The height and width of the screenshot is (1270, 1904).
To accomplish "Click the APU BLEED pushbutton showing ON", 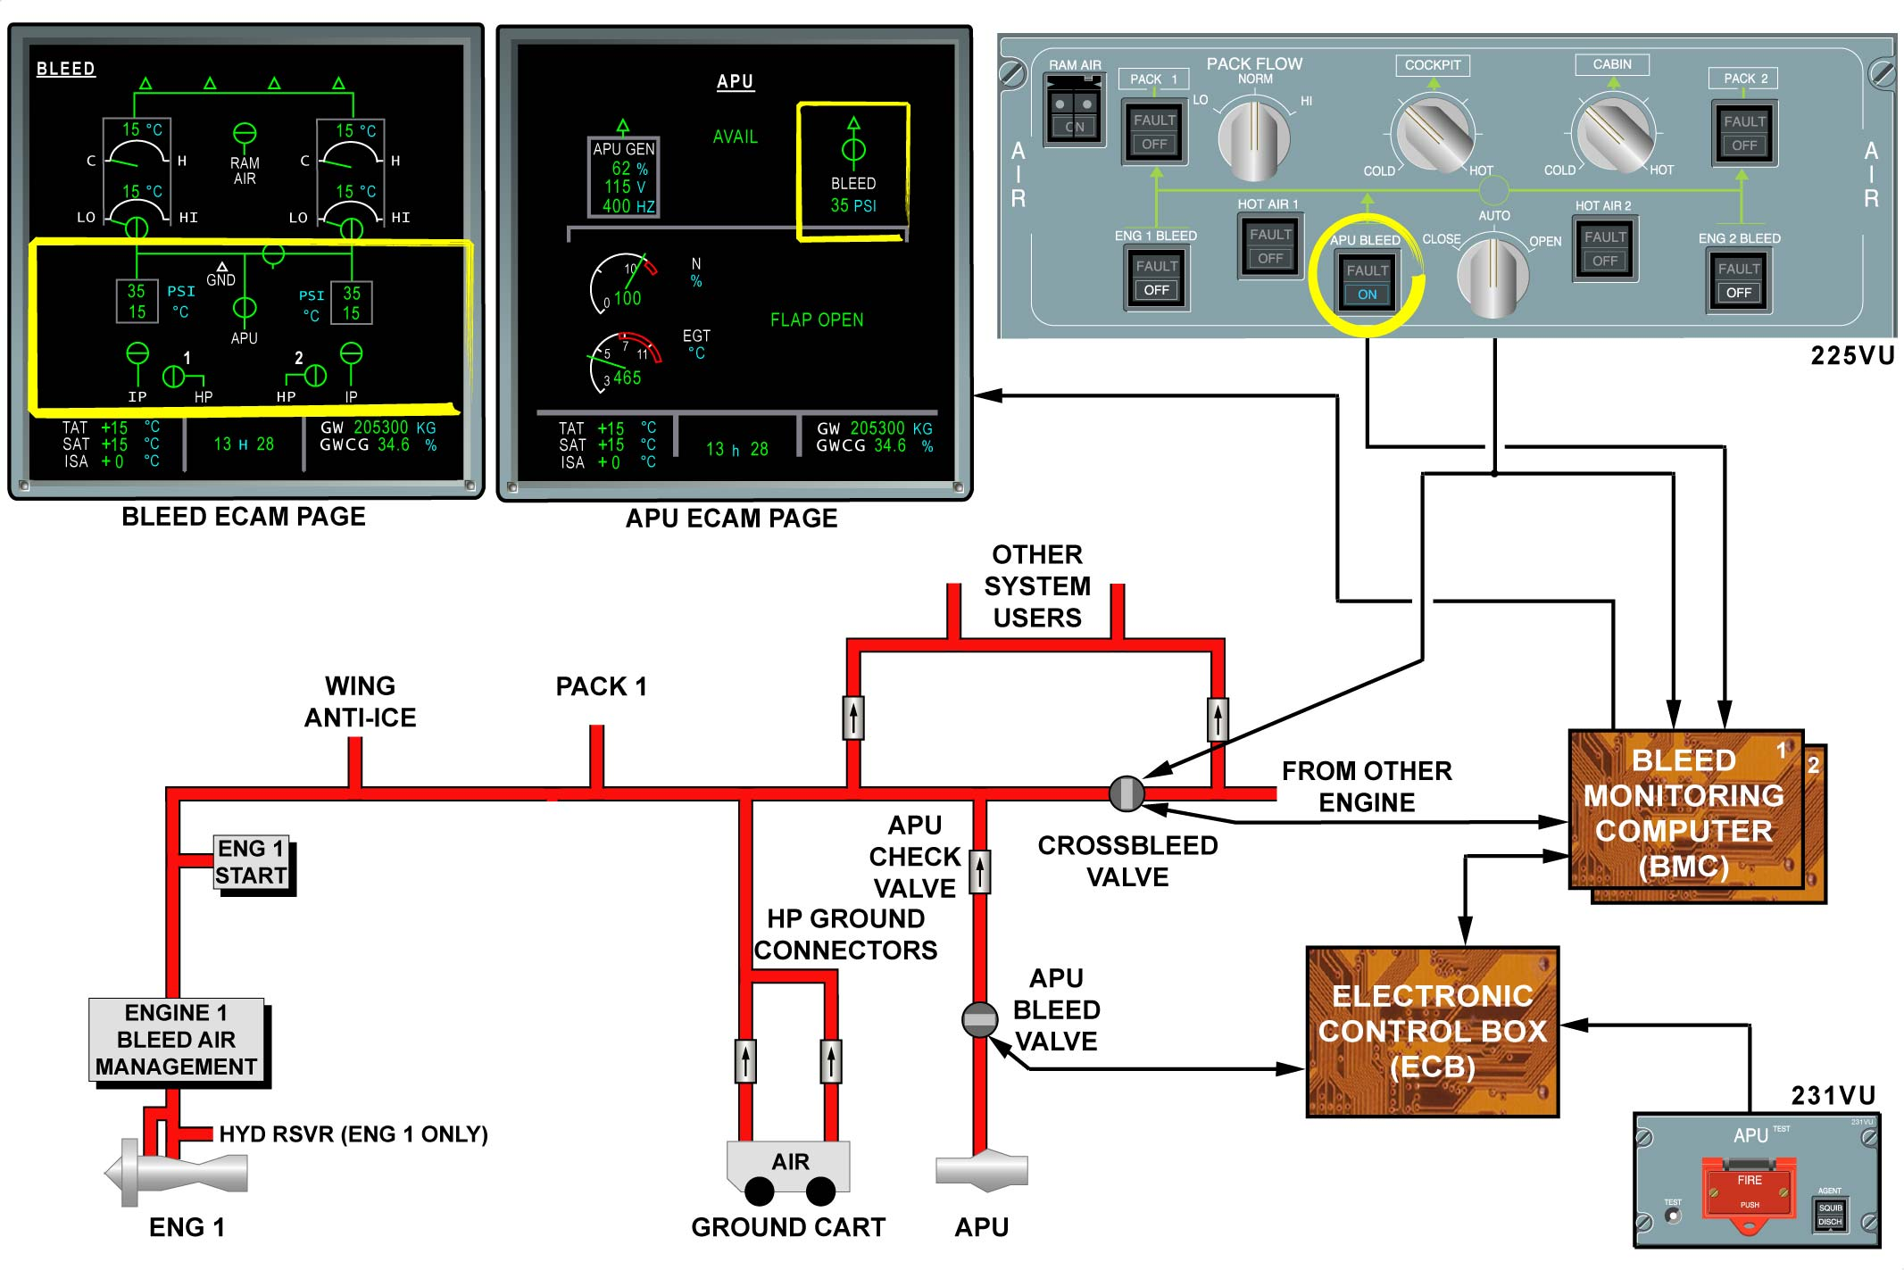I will click(x=1367, y=282).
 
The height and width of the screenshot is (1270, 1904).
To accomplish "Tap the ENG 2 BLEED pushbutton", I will click(x=1738, y=281).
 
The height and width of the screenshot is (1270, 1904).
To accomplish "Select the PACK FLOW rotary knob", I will click(x=1253, y=138).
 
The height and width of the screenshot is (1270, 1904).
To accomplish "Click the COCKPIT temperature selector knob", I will click(x=1433, y=134).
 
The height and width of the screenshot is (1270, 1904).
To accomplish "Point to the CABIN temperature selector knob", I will click(x=1613, y=134).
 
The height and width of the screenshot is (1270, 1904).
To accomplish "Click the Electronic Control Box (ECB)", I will click(x=1432, y=1032).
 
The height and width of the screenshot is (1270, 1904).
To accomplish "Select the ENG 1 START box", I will click(x=253, y=862).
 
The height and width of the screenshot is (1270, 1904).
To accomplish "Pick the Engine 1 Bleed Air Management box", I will click(x=177, y=1040).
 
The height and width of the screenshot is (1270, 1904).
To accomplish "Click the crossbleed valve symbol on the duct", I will click(x=1127, y=793).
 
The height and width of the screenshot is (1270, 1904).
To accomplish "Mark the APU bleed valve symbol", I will click(x=979, y=1019).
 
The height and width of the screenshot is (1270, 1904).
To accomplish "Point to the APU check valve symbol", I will click(x=980, y=872).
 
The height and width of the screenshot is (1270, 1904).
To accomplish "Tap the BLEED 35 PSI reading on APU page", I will click(x=853, y=205).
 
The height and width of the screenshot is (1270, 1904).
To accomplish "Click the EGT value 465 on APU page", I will click(x=627, y=378).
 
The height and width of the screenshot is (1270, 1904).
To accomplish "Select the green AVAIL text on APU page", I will click(x=735, y=137).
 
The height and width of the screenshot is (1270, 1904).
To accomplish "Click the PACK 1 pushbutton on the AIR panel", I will click(x=1154, y=132).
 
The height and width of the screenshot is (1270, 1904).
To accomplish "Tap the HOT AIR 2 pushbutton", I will click(x=1604, y=249).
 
